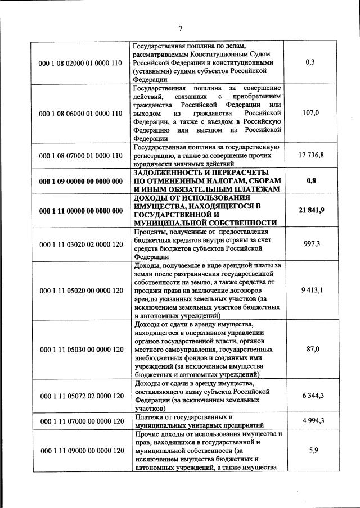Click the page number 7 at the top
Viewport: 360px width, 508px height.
(x=181, y=29)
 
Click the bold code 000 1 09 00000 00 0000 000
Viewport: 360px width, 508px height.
(x=80, y=182)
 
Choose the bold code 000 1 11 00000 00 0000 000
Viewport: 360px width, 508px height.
(x=80, y=211)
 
